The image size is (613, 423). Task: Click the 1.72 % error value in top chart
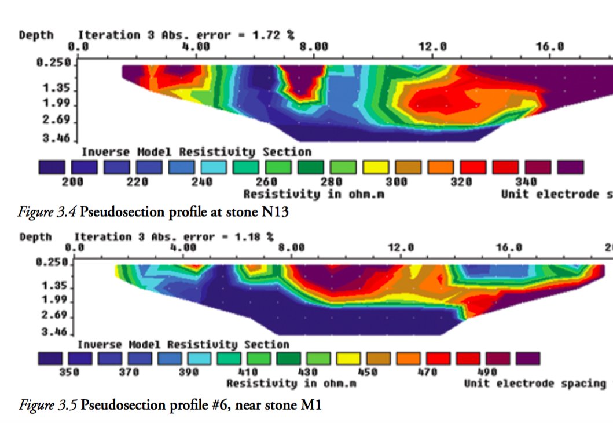tap(273, 35)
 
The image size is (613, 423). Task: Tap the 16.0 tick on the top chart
tap(550, 47)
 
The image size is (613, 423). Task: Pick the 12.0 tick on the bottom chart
tap(401, 247)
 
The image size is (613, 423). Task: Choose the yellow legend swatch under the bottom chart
tap(348, 359)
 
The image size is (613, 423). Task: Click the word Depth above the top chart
tap(36, 35)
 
